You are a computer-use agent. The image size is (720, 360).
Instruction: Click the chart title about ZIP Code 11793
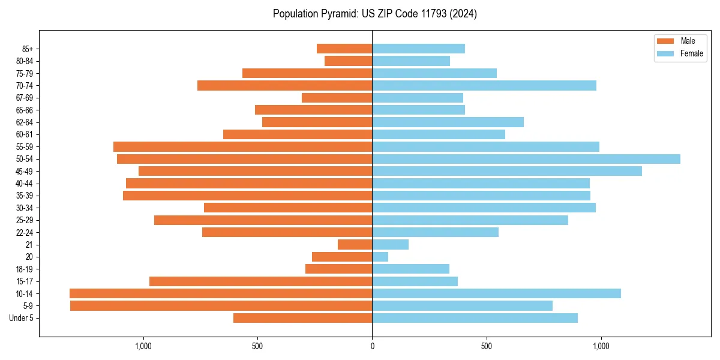pos(374,14)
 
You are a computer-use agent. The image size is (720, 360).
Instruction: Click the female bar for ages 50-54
pos(526,159)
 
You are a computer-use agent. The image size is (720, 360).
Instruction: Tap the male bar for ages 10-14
pos(221,293)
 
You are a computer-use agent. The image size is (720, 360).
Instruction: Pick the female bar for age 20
pos(380,257)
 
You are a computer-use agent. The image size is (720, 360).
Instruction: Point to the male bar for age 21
pos(355,245)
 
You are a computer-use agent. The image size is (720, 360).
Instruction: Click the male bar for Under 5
pos(303,318)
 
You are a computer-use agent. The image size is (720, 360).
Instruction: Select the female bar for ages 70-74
pos(484,86)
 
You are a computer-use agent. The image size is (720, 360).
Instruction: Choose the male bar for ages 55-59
pos(243,147)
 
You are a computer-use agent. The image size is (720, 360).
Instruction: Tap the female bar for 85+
pos(419,49)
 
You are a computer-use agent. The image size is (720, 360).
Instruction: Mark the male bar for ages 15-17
pos(261,281)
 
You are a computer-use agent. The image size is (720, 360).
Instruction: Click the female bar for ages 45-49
pos(507,171)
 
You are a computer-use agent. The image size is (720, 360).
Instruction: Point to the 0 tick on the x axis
pos(372,346)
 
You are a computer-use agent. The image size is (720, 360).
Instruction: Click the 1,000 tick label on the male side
pos(143,346)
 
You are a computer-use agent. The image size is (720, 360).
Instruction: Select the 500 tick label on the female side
pos(487,346)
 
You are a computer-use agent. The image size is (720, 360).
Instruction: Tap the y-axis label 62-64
pos(25,122)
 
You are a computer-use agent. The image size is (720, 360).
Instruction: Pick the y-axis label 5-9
pos(28,306)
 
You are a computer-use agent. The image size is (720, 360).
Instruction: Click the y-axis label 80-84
pos(25,61)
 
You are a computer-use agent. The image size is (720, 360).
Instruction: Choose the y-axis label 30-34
pos(25,208)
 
